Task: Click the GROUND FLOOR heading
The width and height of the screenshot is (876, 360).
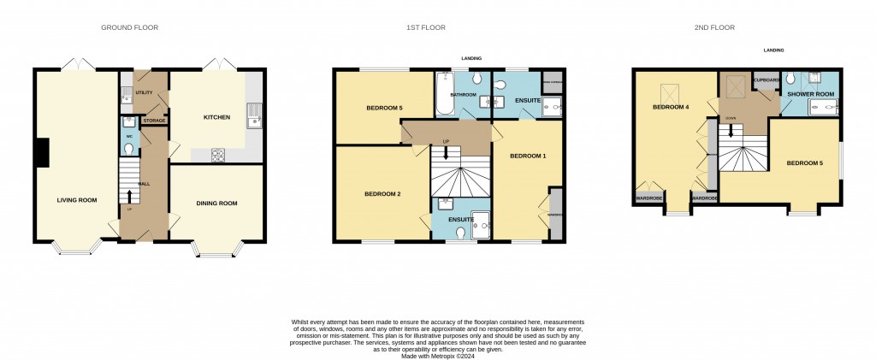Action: [x=129, y=27]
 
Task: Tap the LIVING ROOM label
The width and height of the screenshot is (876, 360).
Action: [x=77, y=200]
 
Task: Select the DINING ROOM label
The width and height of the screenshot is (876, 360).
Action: [x=216, y=203]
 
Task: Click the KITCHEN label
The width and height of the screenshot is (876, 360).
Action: [x=216, y=117]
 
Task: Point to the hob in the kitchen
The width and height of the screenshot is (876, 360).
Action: [x=216, y=155]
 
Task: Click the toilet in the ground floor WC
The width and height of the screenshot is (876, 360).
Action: [x=128, y=147]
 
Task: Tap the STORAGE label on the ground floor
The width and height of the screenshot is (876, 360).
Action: [x=154, y=121]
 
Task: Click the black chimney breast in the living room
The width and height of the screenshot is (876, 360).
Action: [x=41, y=152]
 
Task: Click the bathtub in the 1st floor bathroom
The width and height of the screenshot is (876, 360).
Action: [x=442, y=94]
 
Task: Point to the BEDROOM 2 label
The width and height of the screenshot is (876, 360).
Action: [x=382, y=194]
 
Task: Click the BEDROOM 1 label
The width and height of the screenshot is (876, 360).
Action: [x=527, y=156]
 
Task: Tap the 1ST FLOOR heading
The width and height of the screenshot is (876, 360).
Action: [x=424, y=27]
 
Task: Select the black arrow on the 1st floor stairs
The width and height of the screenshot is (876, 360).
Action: [x=445, y=153]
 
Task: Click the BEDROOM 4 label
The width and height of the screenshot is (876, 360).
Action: [x=671, y=107]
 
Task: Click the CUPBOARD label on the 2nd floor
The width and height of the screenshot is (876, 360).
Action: [x=766, y=80]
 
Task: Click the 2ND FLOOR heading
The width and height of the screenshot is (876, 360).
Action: [x=714, y=27]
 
